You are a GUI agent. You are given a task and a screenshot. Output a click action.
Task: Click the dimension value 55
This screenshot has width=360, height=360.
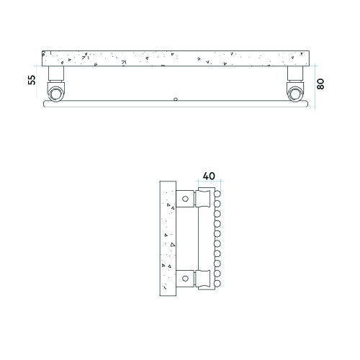pyautogui.click(x=32, y=79)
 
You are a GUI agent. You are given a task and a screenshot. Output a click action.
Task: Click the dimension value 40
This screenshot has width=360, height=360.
pyautogui.click(x=210, y=175)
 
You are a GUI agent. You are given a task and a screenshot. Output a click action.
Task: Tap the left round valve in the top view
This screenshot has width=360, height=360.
pyautogui.click(x=56, y=93)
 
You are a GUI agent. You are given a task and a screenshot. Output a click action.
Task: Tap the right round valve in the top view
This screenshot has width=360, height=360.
pyautogui.click(x=295, y=93)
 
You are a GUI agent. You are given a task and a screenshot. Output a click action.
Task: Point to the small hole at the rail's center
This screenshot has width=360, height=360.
pyautogui.click(x=176, y=100)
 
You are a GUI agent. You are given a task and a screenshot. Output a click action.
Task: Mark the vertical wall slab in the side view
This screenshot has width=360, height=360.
pyautogui.click(x=168, y=238)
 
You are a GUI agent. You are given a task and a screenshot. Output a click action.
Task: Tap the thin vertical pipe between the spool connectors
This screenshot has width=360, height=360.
pyautogui.click(x=199, y=238)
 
